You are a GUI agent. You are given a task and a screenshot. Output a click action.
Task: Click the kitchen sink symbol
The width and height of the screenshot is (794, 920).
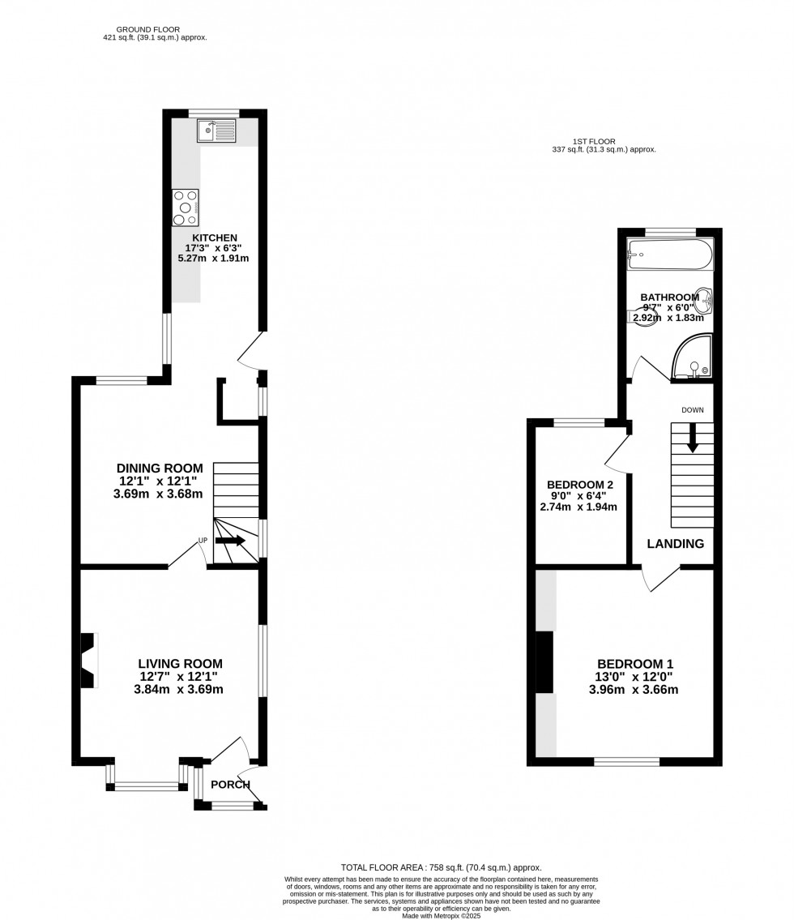(216, 130)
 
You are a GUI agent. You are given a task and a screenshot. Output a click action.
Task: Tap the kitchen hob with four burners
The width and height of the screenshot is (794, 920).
(186, 208)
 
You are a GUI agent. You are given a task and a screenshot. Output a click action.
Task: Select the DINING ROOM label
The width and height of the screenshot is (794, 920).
(160, 468)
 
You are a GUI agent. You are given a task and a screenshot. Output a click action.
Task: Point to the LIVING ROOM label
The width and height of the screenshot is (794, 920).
(179, 664)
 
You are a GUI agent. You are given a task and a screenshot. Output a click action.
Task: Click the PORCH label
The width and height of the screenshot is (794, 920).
(230, 784)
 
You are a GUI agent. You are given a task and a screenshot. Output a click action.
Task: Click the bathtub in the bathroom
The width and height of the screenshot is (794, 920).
(670, 255)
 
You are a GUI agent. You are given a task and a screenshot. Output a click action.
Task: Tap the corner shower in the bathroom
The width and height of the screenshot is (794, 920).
(694, 359)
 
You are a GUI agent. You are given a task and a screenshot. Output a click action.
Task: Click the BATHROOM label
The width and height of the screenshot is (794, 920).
(669, 297)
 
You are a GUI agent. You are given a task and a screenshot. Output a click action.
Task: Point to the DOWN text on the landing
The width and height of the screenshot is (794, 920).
(692, 410)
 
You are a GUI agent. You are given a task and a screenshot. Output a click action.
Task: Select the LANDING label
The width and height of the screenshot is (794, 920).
(675, 544)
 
